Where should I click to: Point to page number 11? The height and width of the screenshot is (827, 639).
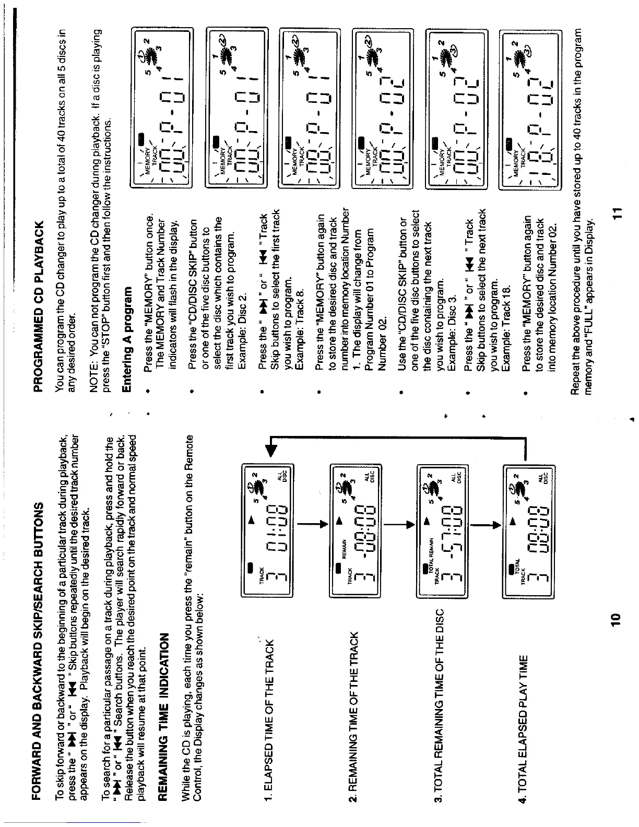click(x=617, y=212)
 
